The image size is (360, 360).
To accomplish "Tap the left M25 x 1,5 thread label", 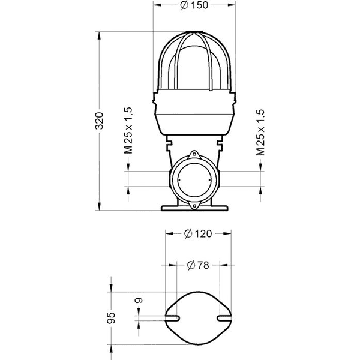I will click(128, 131).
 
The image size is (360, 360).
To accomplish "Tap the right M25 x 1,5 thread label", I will click(260, 133).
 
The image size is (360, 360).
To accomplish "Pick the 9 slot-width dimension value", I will click(139, 300).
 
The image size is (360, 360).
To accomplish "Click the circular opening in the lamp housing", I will click(196, 178).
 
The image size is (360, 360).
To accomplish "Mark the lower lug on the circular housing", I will click(196, 204).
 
